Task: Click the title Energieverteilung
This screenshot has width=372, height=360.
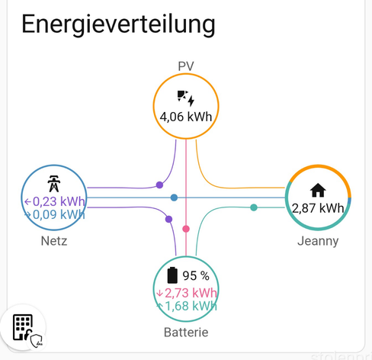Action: tap(118, 24)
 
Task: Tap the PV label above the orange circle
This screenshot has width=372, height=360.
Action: tap(186, 66)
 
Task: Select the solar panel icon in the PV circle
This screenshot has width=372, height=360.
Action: tap(186, 98)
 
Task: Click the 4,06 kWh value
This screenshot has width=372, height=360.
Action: tap(186, 117)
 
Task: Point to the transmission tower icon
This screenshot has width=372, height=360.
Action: tap(54, 184)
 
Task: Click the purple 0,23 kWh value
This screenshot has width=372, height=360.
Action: tap(55, 201)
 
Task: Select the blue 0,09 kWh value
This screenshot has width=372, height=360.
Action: tap(55, 215)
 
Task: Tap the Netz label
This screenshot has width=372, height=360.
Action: tap(54, 241)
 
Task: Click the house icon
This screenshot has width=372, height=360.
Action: tap(318, 191)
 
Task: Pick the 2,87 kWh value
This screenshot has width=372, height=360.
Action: tap(318, 208)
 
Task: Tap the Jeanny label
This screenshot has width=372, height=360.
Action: tap(318, 241)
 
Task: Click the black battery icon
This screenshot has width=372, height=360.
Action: tap(172, 275)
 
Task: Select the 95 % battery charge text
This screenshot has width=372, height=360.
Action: tap(196, 276)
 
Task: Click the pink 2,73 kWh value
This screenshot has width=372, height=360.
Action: tap(187, 293)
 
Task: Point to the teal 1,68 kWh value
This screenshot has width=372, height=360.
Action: tap(187, 306)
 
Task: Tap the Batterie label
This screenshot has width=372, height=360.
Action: tap(186, 333)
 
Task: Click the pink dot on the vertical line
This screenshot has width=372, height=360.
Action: tap(186, 229)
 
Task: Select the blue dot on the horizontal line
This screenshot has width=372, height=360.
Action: tap(174, 198)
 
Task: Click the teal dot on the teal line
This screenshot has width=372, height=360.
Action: tap(254, 207)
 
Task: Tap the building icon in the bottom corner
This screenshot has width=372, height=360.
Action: tap(23, 327)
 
